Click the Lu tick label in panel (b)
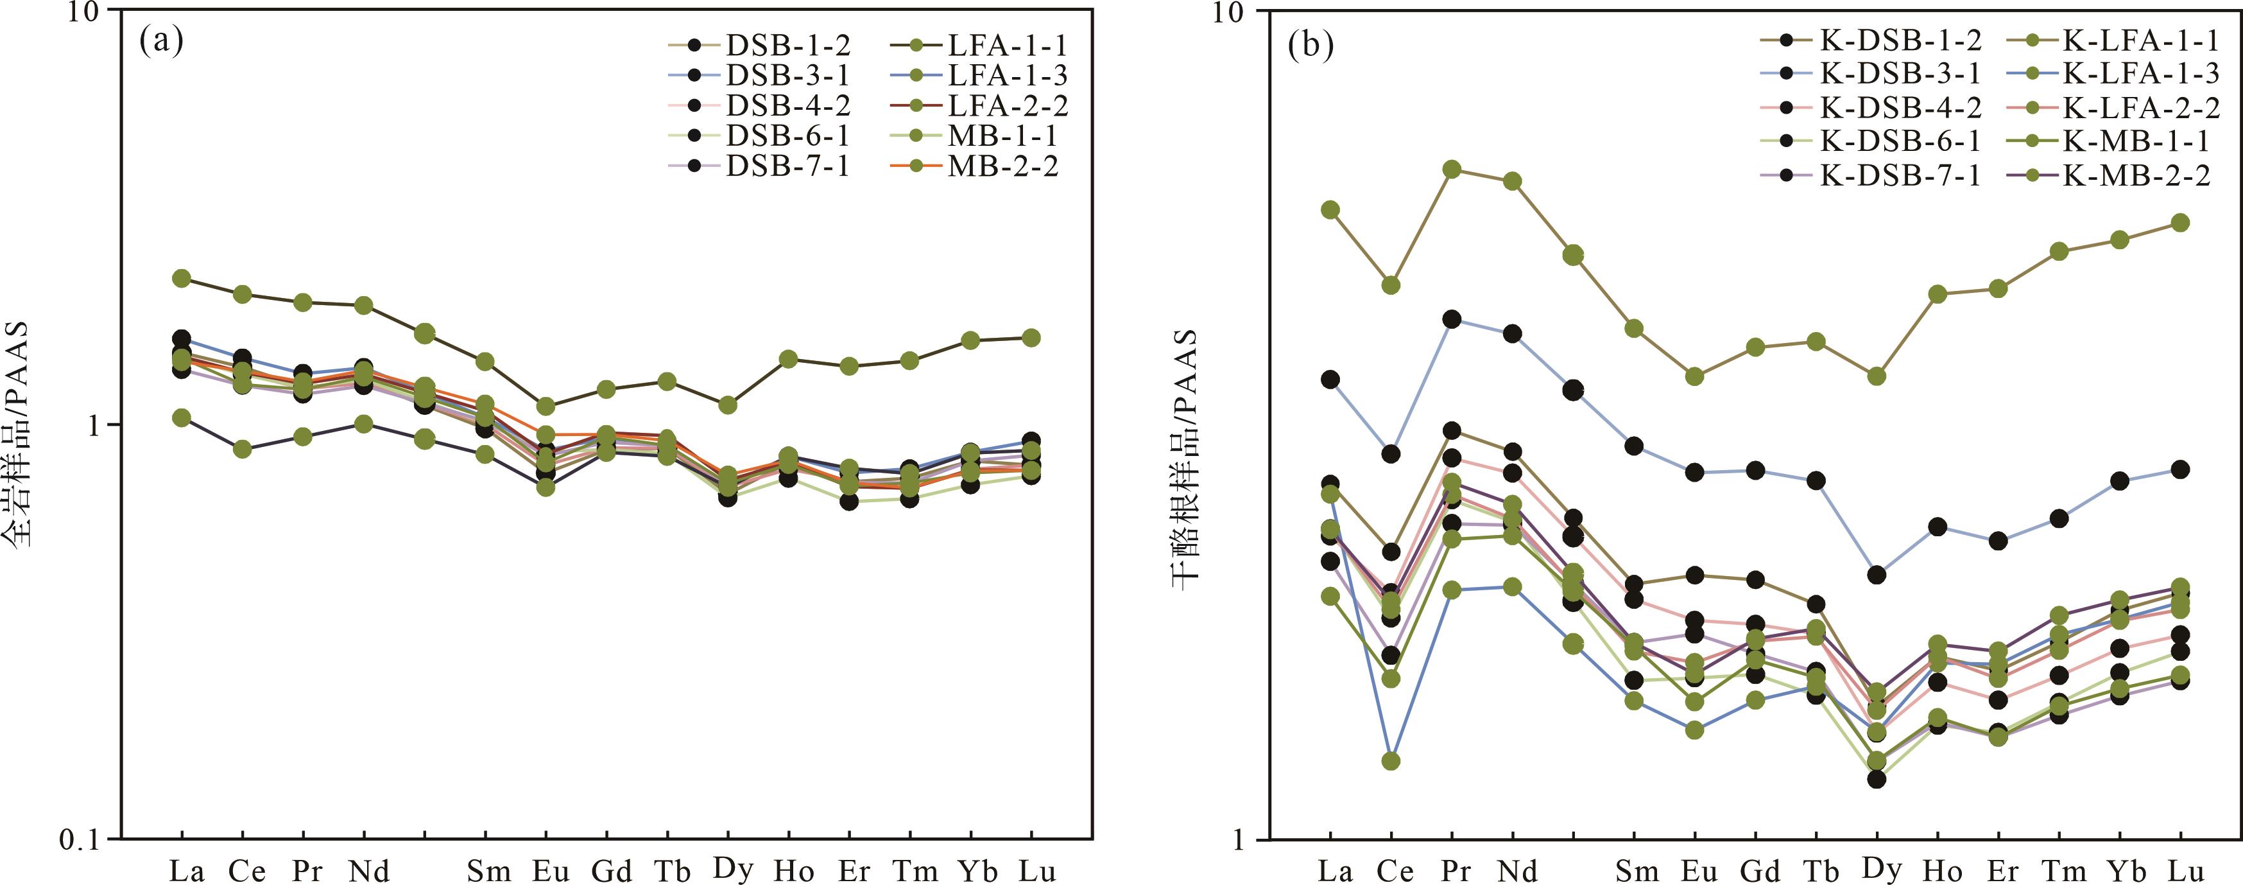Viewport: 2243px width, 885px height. click(x=2185, y=871)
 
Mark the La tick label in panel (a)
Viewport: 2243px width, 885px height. click(x=186, y=871)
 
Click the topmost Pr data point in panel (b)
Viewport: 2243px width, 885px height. click(x=1452, y=169)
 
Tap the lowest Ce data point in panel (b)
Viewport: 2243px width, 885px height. click(x=1391, y=760)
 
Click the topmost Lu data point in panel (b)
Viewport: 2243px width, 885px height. click(x=2180, y=223)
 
